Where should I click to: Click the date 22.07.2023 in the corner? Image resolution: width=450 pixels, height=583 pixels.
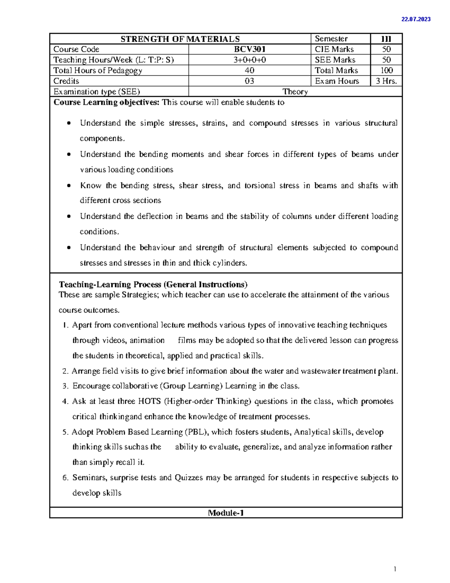pyautogui.click(x=416, y=19)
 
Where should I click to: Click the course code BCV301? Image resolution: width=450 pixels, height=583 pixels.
pyautogui.click(x=250, y=49)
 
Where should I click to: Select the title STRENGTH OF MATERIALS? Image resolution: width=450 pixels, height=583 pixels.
pyautogui.click(x=180, y=39)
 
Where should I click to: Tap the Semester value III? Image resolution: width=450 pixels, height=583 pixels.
pyautogui.click(x=386, y=39)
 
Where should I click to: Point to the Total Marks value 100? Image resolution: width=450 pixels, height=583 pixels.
pyautogui.click(x=386, y=71)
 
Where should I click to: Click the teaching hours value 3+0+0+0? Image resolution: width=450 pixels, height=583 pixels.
pyautogui.click(x=250, y=60)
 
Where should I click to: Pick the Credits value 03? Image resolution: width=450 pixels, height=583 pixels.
pyautogui.click(x=249, y=81)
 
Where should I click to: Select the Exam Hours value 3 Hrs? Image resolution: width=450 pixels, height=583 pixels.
pyautogui.click(x=386, y=81)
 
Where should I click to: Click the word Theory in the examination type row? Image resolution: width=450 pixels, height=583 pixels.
pyautogui.click(x=295, y=92)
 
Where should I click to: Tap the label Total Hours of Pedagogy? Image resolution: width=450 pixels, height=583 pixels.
pyautogui.click(x=97, y=71)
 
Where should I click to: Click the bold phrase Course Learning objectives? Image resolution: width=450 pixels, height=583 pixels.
pyautogui.click(x=106, y=102)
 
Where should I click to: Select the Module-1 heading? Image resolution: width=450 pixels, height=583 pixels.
pyautogui.click(x=226, y=513)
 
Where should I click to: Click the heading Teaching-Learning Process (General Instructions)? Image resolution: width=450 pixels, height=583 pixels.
pyautogui.click(x=153, y=284)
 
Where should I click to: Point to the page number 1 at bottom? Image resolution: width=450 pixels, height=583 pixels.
pyautogui.click(x=395, y=569)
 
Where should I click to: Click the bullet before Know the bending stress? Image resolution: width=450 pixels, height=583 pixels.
pyautogui.click(x=68, y=186)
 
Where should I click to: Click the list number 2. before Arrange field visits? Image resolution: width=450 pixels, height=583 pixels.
pyautogui.click(x=65, y=371)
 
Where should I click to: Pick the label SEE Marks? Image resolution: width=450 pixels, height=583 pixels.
pyautogui.click(x=335, y=60)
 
